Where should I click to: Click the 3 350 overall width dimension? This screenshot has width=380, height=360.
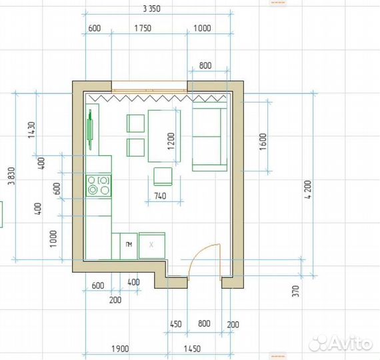(152, 9)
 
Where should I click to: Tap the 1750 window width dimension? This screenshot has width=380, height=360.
(143, 28)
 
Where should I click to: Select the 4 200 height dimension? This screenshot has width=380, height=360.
(308, 189)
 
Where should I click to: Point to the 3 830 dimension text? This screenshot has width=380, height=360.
(11, 176)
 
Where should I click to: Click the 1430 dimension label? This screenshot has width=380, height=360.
(32, 130)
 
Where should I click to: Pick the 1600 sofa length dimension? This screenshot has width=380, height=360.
(263, 142)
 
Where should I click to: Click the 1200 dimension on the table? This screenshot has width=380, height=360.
(171, 141)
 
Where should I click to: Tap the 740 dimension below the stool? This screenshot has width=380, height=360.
(160, 196)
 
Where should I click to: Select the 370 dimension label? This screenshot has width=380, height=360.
(295, 291)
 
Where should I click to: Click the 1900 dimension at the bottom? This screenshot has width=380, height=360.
(120, 349)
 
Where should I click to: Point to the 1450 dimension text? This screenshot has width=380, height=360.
(192, 349)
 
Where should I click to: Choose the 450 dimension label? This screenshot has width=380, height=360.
(176, 324)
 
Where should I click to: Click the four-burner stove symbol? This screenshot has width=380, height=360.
(99, 185)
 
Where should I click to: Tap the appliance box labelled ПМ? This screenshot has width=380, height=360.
(129, 246)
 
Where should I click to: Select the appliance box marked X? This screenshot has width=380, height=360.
(152, 245)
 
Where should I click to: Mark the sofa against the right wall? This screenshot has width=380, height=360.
(209, 137)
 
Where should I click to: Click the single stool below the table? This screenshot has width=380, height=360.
(163, 177)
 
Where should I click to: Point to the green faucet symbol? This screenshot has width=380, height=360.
(90, 129)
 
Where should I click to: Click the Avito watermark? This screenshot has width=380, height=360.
(341, 343)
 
